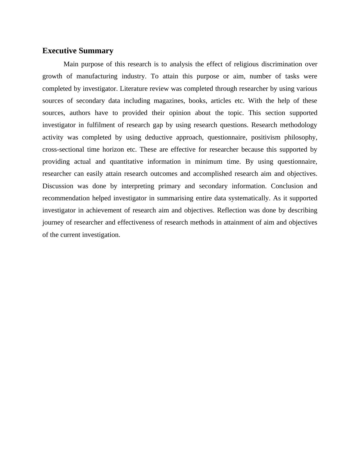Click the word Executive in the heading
pyautogui.click(x=60, y=51)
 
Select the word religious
pyautogui.click(x=245, y=64)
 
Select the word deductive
pyautogui.click(x=159, y=137)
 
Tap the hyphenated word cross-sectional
pyautogui.click(x=63, y=149)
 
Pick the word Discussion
pyautogui.click(x=58, y=186)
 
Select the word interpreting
pyautogui.click(x=138, y=186)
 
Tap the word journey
pyautogui.click(x=53, y=222)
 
